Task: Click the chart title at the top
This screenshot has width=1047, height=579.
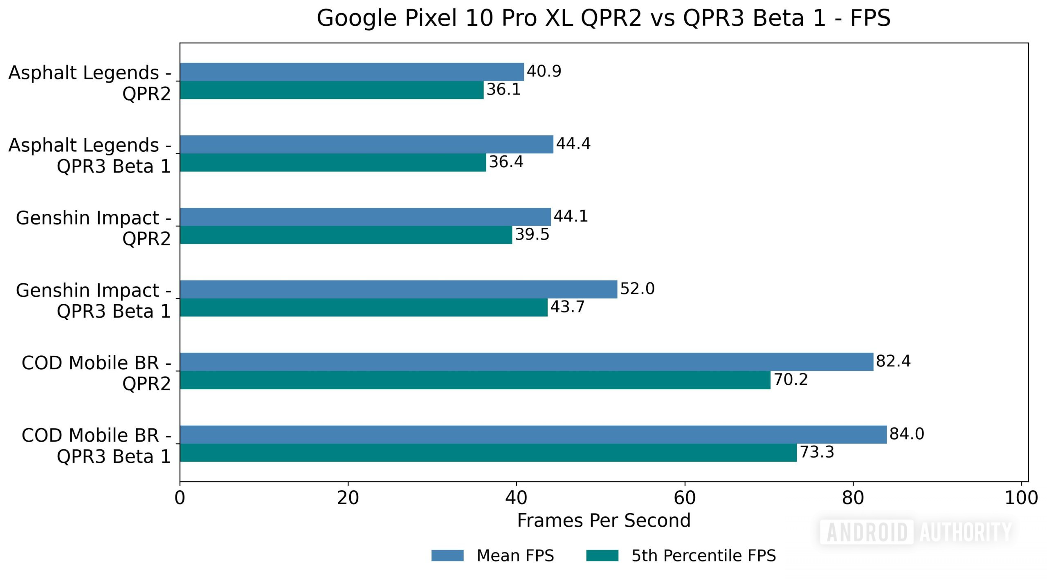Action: [x=604, y=18]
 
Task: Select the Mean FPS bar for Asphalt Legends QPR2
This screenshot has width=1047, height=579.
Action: [x=352, y=72]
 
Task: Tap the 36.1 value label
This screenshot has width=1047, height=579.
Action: [x=503, y=90]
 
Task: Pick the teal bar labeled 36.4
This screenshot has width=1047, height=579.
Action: [x=333, y=163]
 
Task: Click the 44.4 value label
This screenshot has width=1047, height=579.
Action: [x=573, y=144]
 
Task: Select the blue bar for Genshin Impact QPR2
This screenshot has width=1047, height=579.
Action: [x=365, y=217]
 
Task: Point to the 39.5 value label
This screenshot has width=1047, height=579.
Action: [x=532, y=235]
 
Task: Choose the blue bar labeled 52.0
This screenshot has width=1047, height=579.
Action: [x=398, y=289]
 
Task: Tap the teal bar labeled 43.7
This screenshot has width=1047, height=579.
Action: [x=364, y=307]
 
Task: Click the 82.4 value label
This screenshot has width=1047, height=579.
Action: [x=893, y=361]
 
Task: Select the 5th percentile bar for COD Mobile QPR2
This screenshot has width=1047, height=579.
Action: [x=475, y=380]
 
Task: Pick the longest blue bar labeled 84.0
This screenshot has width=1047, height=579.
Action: [x=533, y=434]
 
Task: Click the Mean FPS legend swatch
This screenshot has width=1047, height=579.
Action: [x=447, y=556]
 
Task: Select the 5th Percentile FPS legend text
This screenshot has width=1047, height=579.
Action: [x=703, y=556]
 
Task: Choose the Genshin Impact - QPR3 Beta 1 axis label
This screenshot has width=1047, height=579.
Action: [x=93, y=301]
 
